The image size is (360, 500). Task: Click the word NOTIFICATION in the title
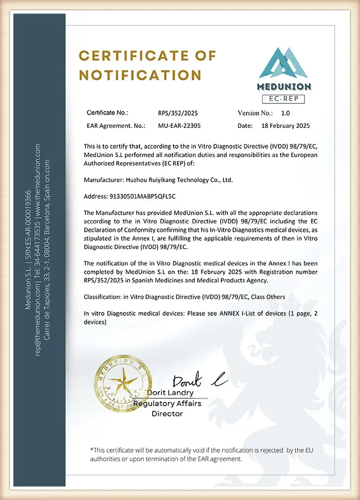point(140,75)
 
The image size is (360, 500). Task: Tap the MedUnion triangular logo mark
point(284,63)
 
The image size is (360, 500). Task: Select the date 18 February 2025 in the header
point(285,126)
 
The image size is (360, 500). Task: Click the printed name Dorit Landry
point(179,393)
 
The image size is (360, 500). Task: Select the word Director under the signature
point(167,414)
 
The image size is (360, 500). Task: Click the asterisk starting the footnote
point(92,449)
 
